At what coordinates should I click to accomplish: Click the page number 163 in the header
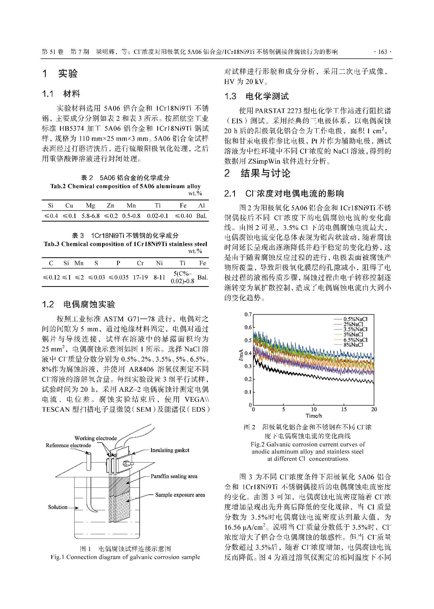click(383, 52)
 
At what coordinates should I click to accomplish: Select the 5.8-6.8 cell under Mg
click(91, 216)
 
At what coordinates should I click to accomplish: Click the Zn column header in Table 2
click(110, 205)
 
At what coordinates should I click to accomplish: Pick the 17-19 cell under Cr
click(140, 277)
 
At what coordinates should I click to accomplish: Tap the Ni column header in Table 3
click(159, 263)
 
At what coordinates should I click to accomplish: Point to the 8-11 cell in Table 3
click(159, 277)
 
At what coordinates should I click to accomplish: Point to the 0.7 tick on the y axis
click(248, 314)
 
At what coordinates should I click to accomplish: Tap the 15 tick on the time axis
click(344, 409)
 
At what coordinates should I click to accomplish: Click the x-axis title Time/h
click(314, 416)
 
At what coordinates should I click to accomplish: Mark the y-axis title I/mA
click(241, 355)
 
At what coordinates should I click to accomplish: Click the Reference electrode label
click(68, 445)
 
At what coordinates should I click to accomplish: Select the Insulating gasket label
click(170, 450)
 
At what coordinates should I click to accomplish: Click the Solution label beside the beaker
click(58, 507)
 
